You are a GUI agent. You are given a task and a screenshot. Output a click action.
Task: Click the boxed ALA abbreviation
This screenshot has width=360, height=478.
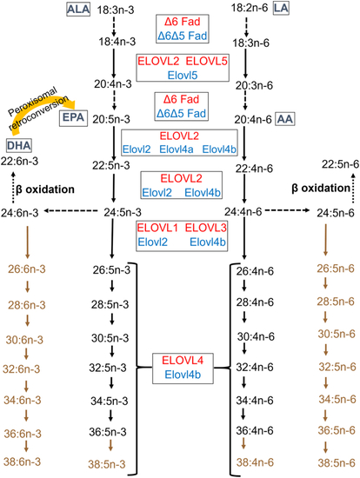78,10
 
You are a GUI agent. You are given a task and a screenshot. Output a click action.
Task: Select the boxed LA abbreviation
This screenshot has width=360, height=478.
281,8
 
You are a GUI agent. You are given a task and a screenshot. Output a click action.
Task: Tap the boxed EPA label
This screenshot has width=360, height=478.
73,117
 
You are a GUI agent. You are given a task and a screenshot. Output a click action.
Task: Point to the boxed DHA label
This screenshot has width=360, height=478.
19,145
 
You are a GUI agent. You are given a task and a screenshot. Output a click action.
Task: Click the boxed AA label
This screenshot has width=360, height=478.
285,119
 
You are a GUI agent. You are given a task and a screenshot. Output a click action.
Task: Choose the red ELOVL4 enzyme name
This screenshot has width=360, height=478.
183,361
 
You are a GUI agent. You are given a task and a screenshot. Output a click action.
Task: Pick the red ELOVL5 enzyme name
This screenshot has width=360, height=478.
207,62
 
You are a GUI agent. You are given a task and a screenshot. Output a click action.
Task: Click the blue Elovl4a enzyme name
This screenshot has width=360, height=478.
177,149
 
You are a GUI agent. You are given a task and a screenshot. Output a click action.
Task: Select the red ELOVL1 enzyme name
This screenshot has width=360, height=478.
157,228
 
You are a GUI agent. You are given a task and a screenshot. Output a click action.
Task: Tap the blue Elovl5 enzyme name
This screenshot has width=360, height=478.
183,76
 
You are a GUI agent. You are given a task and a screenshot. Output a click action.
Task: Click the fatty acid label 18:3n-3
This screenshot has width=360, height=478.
116,10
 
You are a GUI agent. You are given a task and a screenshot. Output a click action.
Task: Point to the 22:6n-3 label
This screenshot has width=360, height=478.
19,161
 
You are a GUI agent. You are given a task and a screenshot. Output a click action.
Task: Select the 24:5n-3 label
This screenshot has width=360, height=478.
123,212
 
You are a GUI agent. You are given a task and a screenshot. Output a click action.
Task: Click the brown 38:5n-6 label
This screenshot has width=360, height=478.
337,463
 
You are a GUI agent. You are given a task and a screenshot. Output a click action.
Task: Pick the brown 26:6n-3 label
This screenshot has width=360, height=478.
27,269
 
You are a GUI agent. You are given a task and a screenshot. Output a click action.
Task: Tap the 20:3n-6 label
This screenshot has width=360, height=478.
254,86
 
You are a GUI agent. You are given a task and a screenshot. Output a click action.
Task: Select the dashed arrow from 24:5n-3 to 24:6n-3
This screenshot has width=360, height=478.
70,210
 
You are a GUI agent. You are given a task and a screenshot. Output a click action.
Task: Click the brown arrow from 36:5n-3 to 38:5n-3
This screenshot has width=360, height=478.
110,445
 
